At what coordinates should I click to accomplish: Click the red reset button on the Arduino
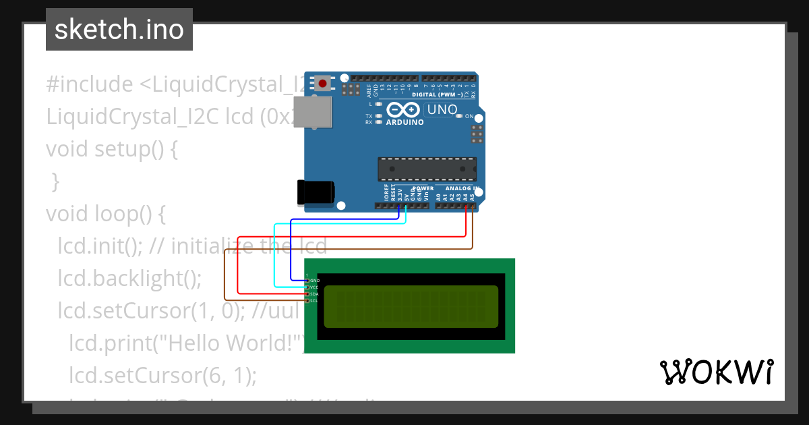324,84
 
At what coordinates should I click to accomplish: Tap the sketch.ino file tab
119,30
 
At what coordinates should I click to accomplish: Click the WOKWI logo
716,372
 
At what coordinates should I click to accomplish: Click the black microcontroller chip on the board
427,169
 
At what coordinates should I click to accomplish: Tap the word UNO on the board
442,109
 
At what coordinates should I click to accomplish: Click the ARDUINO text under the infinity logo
404,123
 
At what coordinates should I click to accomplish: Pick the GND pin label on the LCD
315,280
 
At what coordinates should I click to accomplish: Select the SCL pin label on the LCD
313,301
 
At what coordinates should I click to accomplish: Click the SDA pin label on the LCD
313,294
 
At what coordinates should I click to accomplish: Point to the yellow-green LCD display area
411,307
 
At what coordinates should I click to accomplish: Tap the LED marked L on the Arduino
379,105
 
